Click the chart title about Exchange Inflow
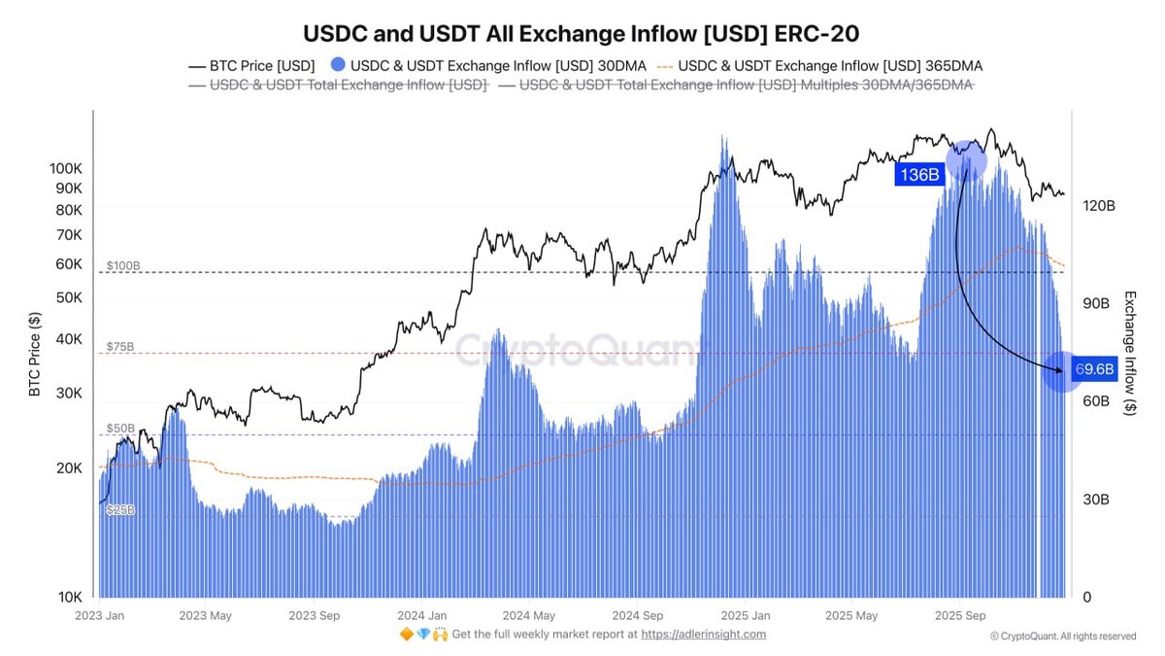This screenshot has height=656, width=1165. point(582,33)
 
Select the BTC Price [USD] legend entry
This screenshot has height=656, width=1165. point(250,66)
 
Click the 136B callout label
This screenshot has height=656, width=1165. point(919,175)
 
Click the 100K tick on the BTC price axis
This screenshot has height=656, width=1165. point(65,168)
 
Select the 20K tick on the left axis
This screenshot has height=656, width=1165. point(68,467)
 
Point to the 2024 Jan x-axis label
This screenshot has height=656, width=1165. point(422,615)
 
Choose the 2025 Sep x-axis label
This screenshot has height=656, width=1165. point(959,615)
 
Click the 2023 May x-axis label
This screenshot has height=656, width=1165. point(206,615)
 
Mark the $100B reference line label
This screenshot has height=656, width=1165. point(122,265)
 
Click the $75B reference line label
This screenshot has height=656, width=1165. point(120,346)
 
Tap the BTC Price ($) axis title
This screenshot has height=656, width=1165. point(35,354)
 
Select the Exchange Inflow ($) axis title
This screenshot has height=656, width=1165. point(1129,354)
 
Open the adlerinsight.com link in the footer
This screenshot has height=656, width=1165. point(706,635)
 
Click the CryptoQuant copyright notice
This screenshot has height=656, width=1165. point(1062,637)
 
